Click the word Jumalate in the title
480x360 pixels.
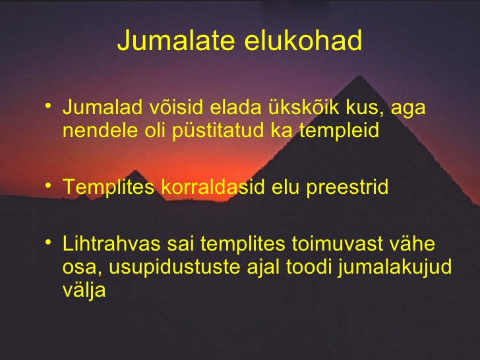pyautogui.click(x=175, y=41)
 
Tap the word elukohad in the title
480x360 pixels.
pyautogui.click(x=303, y=40)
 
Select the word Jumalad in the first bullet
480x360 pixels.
pyautogui.click(x=103, y=107)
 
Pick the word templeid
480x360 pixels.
pyautogui.click(x=339, y=131)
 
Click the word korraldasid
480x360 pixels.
pyautogui.click(x=213, y=187)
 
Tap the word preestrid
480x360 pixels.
pyautogui.click(x=347, y=187)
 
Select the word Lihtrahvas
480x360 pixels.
pyautogui.click(x=111, y=244)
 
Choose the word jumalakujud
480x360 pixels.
pyautogui.click(x=395, y=267)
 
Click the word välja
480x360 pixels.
pyautogui.click(x=84, y=289)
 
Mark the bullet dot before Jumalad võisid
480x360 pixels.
pyautogui.click(x=48, y=106)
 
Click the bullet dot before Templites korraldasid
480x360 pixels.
pyautogui.click(x=48, y=185)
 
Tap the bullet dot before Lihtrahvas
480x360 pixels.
pyautogui.click(x=48, y=243)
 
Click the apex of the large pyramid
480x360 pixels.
pyautogui.click(x=360, y=76)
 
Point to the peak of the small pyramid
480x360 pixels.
pyautogui.click(x=136, y=170)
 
